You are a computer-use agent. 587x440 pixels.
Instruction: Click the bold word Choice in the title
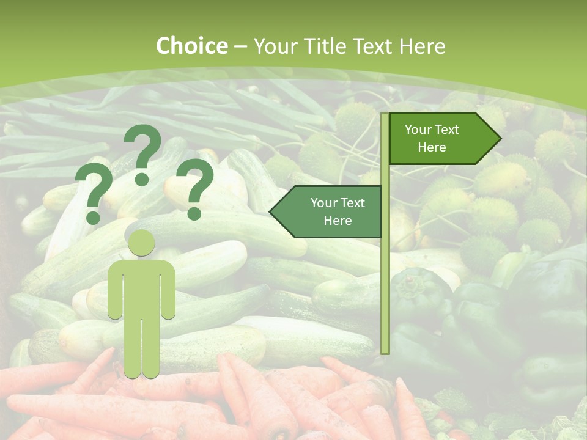[192, 46]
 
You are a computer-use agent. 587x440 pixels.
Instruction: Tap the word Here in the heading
[422, 46]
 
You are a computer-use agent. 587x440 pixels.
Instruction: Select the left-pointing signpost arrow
[330, 211]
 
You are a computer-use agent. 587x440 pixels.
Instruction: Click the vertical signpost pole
[385, 275]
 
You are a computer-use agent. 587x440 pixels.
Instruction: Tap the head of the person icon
[141, 243]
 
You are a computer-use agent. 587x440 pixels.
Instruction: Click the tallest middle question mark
[142, 150]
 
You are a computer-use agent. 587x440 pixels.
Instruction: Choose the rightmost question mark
[195, 186]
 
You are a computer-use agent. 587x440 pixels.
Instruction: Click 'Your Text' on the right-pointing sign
[432, 130]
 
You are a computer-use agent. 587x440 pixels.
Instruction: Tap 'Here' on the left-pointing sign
[338, 221]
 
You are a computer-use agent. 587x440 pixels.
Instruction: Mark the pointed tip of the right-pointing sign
[500, 139]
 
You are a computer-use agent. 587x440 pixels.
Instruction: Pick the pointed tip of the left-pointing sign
[271, 212]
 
